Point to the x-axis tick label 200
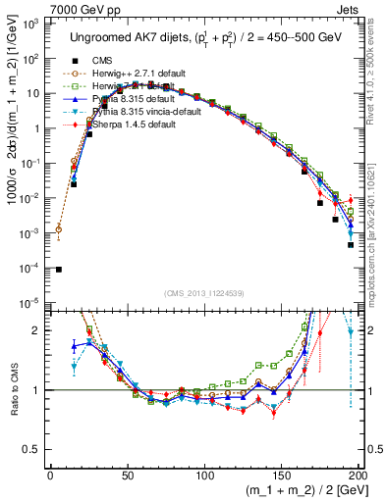(x=357, y=477)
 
